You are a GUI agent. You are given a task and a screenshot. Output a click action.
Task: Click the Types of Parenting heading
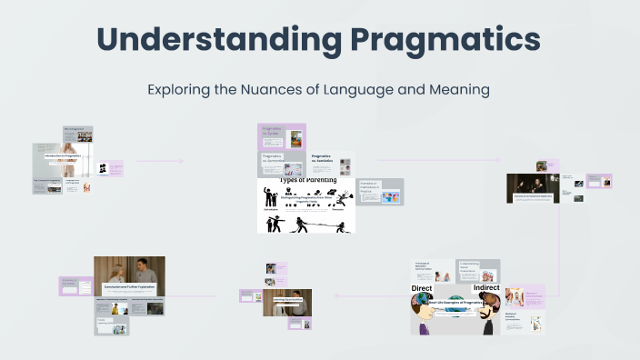[305, 181]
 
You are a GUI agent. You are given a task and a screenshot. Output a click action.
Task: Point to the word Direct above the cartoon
[421, 287]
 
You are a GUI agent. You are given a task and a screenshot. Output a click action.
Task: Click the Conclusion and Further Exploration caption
[129, 286]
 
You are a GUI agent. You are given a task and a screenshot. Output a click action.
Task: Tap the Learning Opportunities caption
[287, 299]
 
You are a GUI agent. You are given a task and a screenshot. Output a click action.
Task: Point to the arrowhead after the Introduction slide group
[181, 162]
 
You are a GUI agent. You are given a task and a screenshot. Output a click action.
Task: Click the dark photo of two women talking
[533, 187]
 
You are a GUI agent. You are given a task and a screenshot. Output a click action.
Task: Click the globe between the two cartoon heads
[455, 309]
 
